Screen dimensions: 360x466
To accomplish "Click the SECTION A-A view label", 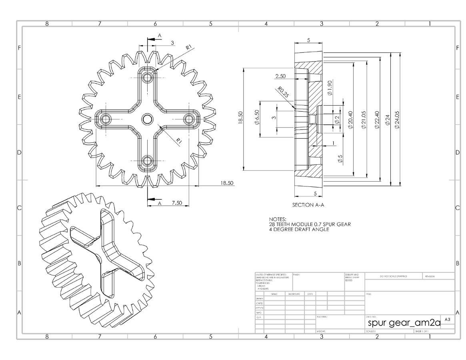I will pyautogui.click(x=308, y=205).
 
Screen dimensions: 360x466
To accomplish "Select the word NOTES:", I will pyautogui.click(x=278, y=219).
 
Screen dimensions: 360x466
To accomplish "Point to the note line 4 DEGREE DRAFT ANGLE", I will pyautogui.click(x=299, y=229).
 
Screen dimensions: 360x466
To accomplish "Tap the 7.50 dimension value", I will pyautogui.click(x=177, y=203).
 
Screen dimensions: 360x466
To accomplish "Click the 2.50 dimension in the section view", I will pyautogui.click(x=280, y=76).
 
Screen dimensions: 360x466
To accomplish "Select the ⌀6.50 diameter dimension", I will pyautogui.click(x=256, y=118).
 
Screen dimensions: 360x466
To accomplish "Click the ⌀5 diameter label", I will pyautogui.click(x=340, y=159).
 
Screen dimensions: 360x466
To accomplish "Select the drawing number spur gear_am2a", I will pyautogui.click(x=404, y=323).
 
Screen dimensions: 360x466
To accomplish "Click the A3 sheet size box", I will pyautogui.click(x=447, y=320).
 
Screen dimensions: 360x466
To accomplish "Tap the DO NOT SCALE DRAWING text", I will pyautogui.click(x=393, y=276).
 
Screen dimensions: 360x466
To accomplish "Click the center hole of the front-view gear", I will pyautogui.click(x=147, y=119).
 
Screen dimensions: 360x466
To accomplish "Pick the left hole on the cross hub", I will pyautogui.click(x=106, y=119).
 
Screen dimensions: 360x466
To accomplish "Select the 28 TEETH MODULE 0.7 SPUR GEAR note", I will pyautogui.click(x=310, y=224).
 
